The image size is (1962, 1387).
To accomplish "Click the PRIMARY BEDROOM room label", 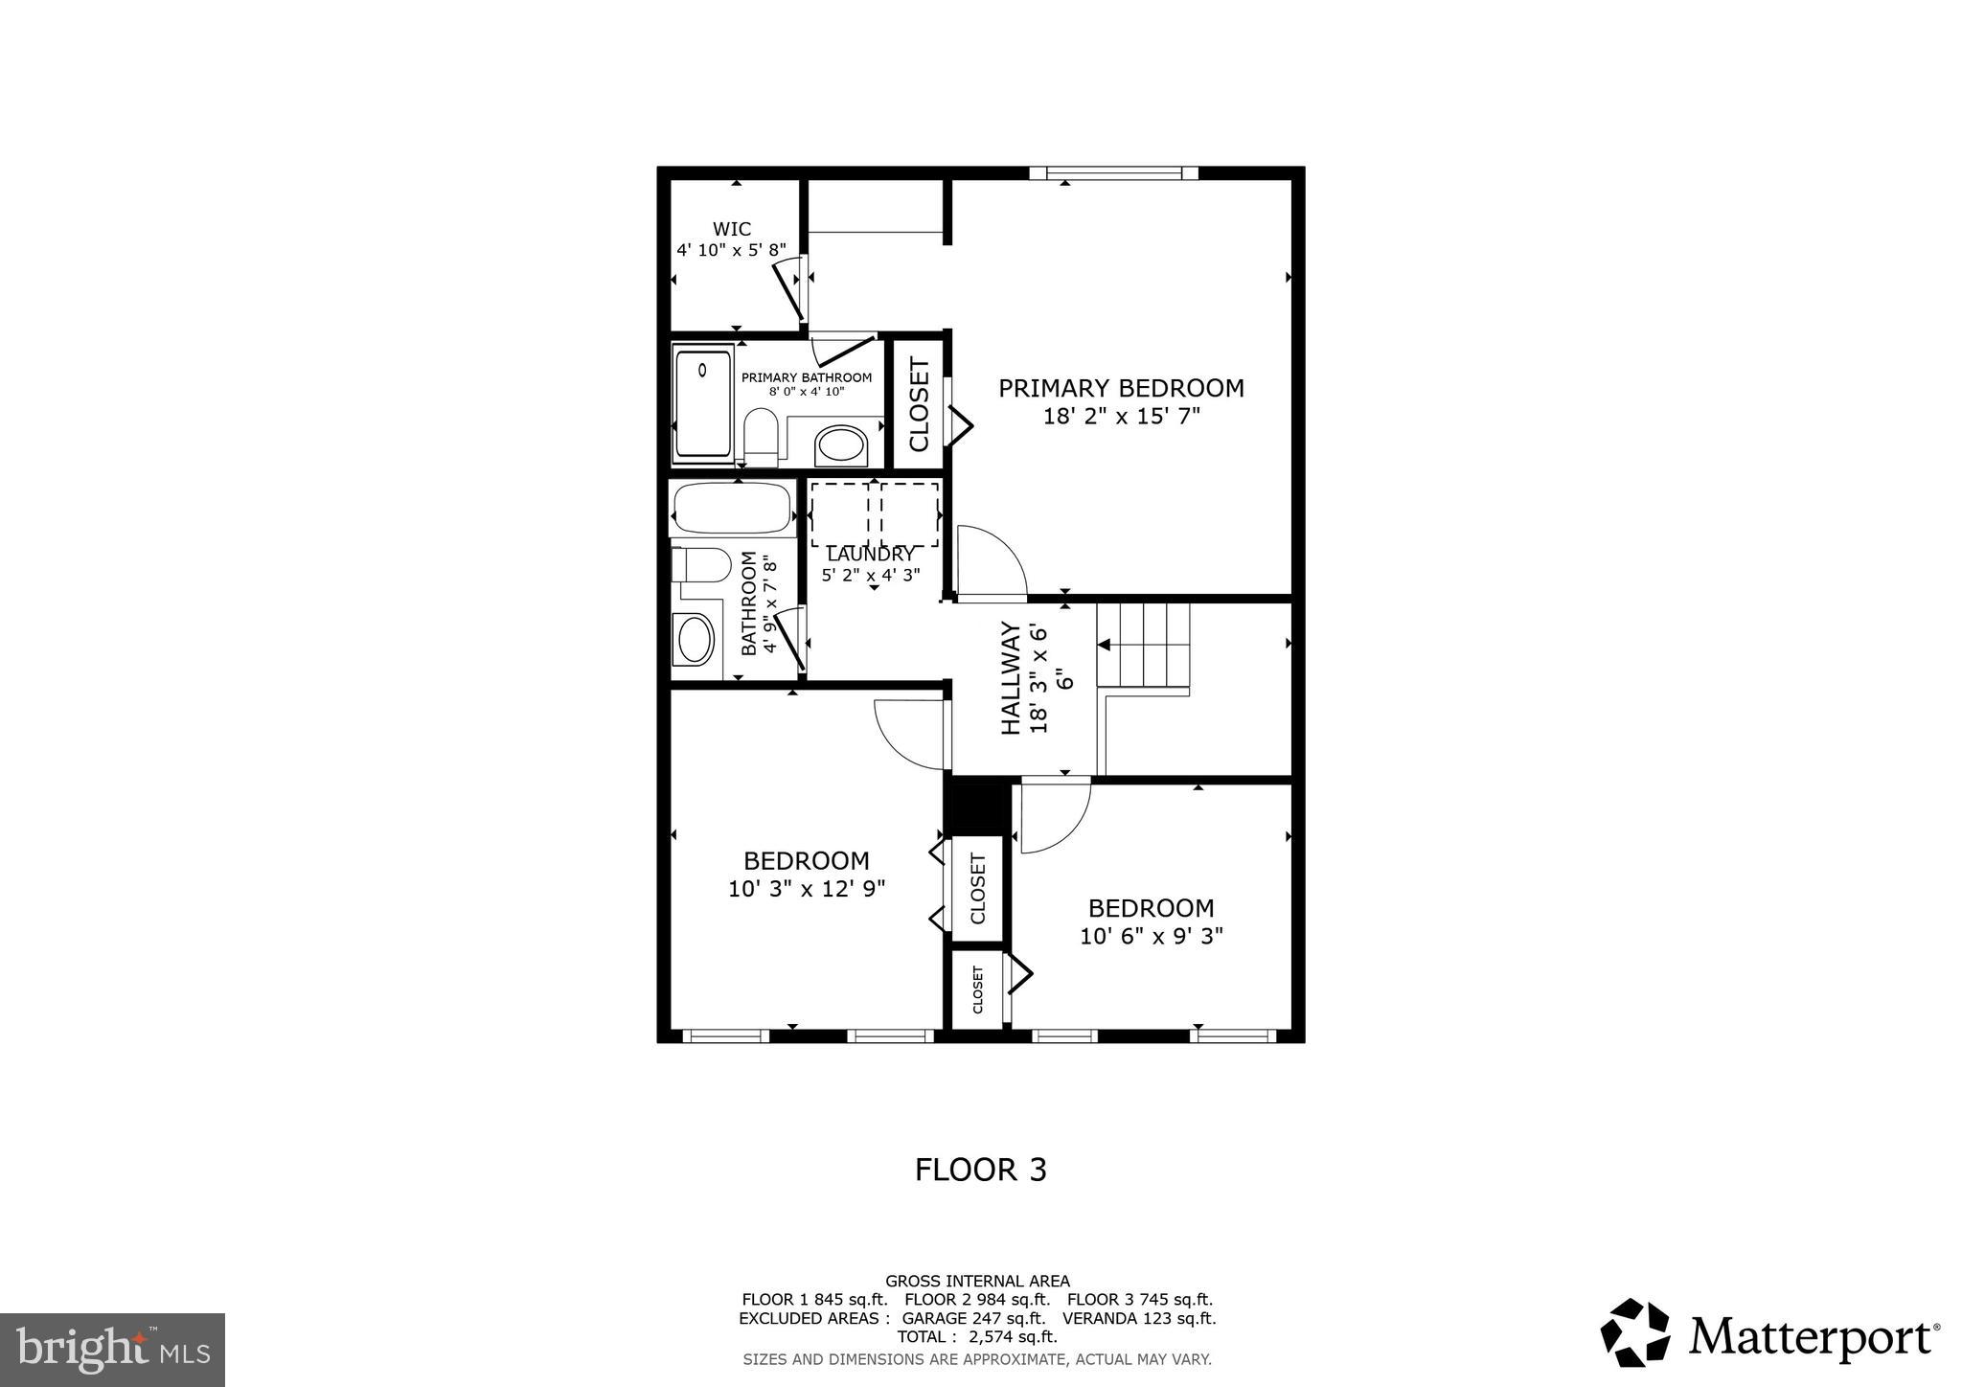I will click(1121, 389).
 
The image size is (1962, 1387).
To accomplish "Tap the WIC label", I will click(732, 229).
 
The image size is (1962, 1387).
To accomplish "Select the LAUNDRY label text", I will click(870, 555).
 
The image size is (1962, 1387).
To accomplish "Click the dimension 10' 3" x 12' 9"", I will click(807, 889).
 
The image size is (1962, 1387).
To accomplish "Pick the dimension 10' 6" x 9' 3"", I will click(1151, 936).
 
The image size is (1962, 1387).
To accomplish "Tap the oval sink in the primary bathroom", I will click(841, 446).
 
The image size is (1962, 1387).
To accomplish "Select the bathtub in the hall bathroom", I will click(732, 509).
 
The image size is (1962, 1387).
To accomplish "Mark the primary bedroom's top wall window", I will click(1113, 173).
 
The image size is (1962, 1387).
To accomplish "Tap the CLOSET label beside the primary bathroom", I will click(919, 404).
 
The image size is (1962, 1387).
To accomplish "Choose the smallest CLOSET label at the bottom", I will click(977, 989).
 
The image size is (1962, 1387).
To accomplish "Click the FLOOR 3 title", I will click(980, 1170).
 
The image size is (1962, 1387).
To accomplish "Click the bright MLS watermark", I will click(112, 1350).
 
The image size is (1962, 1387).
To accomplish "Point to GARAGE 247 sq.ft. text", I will click(973, 1318).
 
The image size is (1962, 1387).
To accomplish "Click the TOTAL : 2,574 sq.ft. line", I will click(976, 1336).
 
